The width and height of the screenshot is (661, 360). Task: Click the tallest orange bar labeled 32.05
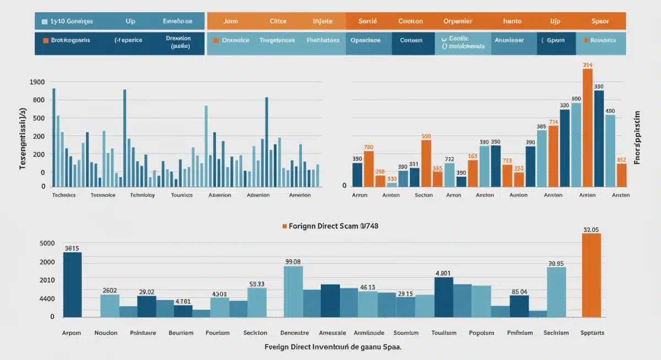[591, 275]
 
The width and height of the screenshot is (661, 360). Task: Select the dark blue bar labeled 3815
[72, 285]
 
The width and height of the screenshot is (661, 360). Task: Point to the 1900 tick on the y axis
[36, 82]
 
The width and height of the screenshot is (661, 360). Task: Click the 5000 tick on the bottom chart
[48, 243]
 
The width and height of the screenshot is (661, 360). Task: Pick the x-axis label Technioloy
[143, 195]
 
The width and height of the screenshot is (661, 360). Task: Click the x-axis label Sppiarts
[592, 333]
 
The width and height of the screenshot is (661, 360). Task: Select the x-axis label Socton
[424, 195]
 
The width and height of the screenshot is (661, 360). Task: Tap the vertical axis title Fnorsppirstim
[638, 137]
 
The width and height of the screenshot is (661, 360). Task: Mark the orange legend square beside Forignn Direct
[285, 226]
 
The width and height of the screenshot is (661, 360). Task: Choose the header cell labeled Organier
[457, 21]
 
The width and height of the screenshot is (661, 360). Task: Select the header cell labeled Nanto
[512, 21]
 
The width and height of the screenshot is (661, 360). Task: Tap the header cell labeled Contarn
[411, 40]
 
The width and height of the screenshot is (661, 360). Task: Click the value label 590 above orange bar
[426, 136]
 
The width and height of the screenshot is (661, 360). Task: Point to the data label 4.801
[443, 272]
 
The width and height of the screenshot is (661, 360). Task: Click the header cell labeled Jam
[230, 21]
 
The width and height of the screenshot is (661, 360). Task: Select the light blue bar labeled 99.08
[293, 292]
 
